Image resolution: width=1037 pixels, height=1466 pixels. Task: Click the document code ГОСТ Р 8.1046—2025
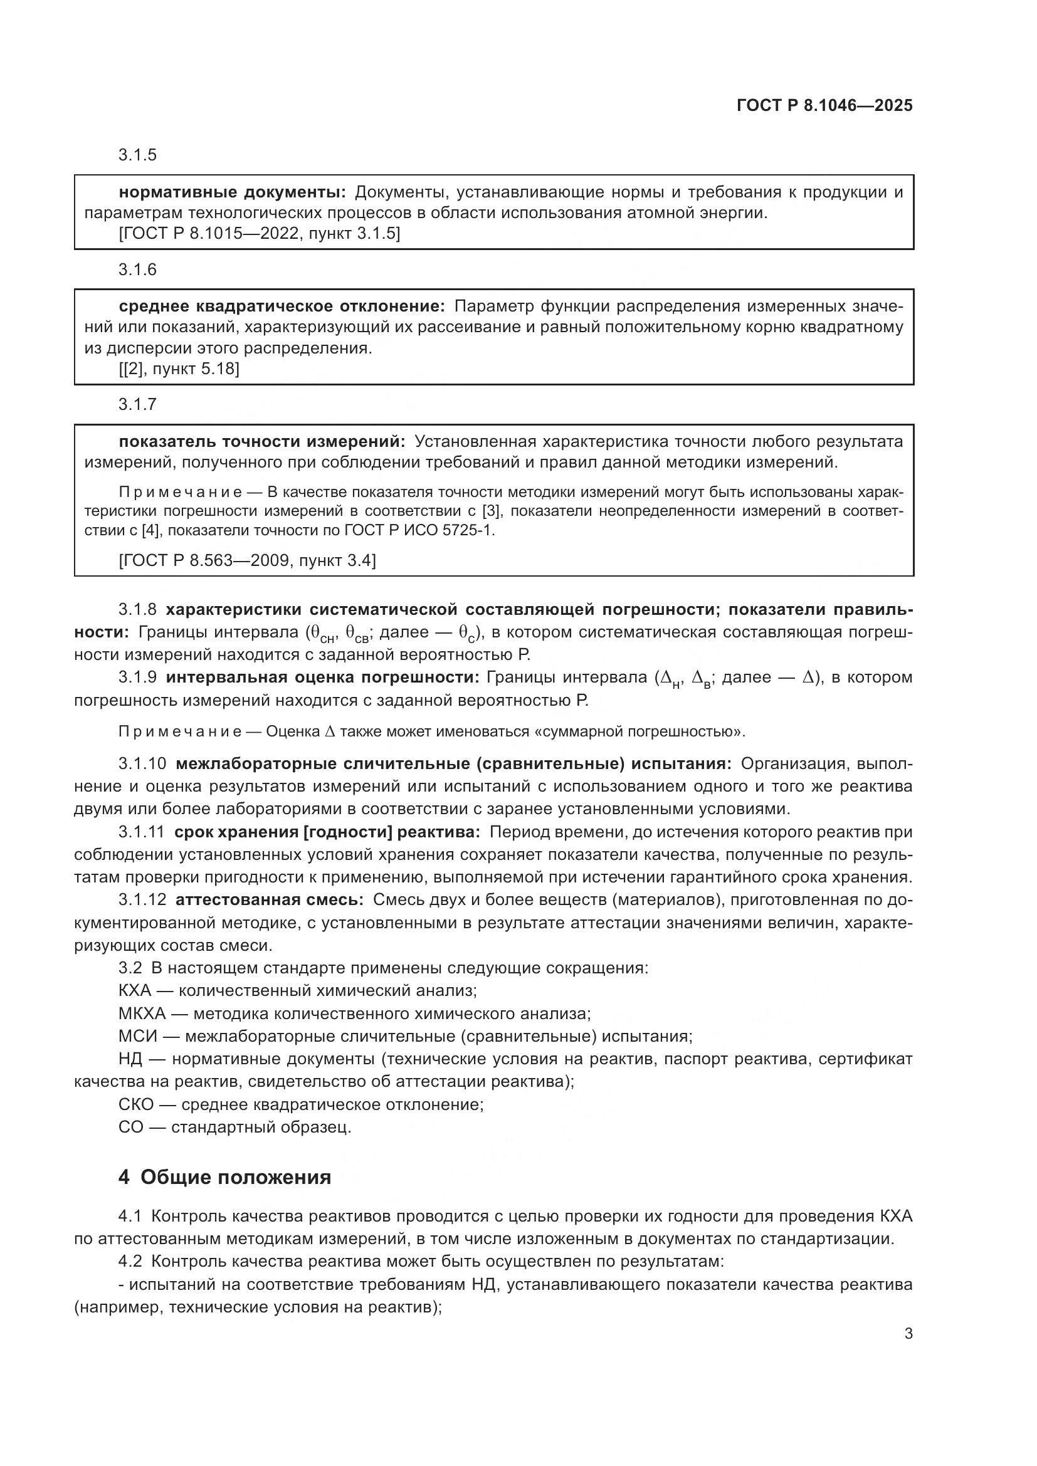coord(824,105)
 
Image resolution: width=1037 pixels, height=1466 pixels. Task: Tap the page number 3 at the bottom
coord(908,1334)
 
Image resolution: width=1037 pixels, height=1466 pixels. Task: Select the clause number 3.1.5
coord(137,155)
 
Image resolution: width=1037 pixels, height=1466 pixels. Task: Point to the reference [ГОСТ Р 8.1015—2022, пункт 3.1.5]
coord(260,234)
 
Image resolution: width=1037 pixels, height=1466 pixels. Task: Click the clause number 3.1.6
coord(137,270)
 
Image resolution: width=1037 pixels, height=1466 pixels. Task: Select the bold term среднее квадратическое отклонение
coord(282,306)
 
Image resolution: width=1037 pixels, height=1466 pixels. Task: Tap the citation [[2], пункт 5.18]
coord(179,369)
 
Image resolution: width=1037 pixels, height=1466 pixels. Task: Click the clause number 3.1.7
coord(137,404)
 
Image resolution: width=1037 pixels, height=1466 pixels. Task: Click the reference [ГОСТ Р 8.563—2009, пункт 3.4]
coord(247,560)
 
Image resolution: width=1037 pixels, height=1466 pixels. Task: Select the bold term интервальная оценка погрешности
coord(322,678)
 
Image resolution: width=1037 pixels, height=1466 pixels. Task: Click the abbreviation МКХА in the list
coord(142,1013)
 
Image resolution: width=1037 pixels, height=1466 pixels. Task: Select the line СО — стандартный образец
coord(234,1128)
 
